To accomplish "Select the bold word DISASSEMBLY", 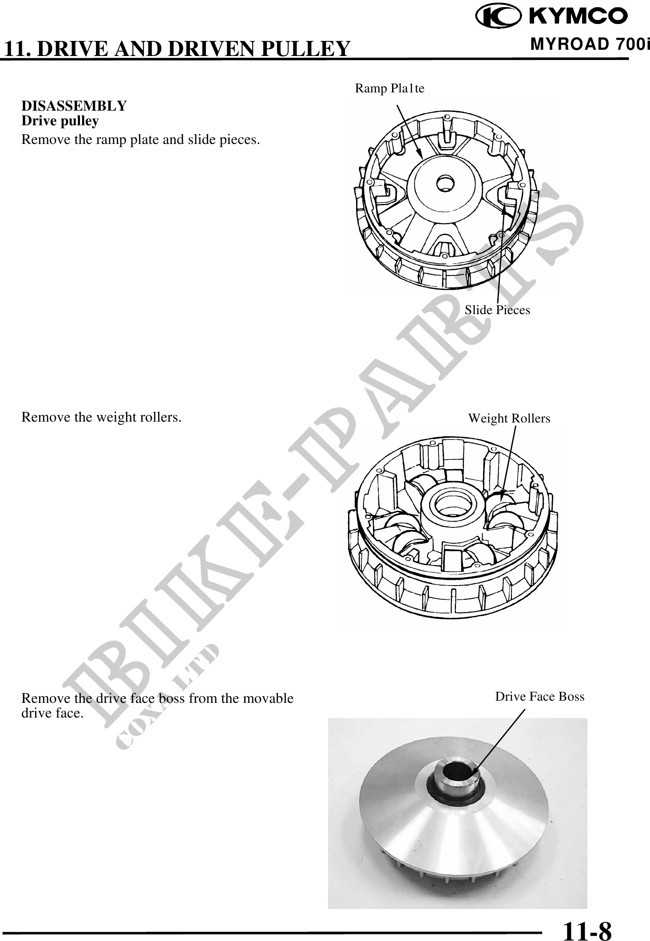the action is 74,106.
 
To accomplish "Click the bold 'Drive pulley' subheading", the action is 60,121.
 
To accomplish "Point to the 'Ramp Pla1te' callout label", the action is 389,88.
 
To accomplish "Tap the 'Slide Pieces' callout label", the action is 497,310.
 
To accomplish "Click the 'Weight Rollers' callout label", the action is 509,418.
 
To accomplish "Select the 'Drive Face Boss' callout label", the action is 540,696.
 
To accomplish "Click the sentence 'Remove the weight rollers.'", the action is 101,418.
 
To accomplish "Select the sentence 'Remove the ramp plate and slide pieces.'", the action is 141,140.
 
